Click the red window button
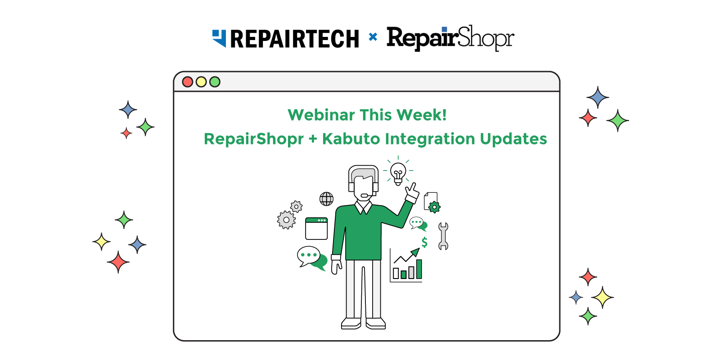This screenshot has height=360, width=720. [187, 82]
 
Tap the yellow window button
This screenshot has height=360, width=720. [201, 82]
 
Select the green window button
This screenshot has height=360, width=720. [215, 82]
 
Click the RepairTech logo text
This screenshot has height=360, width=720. [294, 39]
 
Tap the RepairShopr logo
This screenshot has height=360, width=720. [450, 38]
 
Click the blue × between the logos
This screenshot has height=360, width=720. [373, 37]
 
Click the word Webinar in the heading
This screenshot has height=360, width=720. [321, 115]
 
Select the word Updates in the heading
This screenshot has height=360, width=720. [513, 139]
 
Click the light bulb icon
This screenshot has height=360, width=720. [398, 173]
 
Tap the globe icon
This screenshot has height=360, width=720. [326, 199]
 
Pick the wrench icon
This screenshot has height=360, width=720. [443, 236]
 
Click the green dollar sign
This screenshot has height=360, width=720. [425, 242]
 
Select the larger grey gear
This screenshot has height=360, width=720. [286, 220]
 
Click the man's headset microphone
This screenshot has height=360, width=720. [365, 195]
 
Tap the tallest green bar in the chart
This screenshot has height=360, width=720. [419, 269]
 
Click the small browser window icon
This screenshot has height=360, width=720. [316, 229]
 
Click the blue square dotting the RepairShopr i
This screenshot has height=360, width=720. [445, 30]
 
